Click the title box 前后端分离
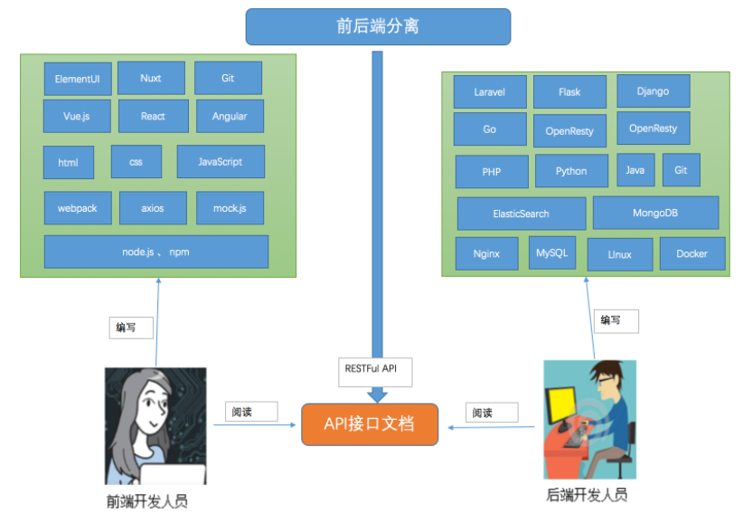click(x=378, y=26)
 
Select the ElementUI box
click(x=77, y=79)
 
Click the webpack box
click(x=77, y=208)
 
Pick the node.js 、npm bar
click(x=155, y=252)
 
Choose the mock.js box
click(x=230, y=208)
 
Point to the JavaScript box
click(x=221, y=162)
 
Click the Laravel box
click(x=489, y=92)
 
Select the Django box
click(x=653, y=91)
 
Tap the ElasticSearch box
click(x=521, y=214)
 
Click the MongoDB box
click(x=655, y=213)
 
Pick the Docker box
click(x=691, y=254)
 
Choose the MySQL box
click(x=551, y=253)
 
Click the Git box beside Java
click(x=681, y=170)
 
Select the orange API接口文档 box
click(x=369, y=423)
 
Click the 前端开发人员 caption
click(x=146, y=500)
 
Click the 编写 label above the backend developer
click(x=616, y=320)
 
